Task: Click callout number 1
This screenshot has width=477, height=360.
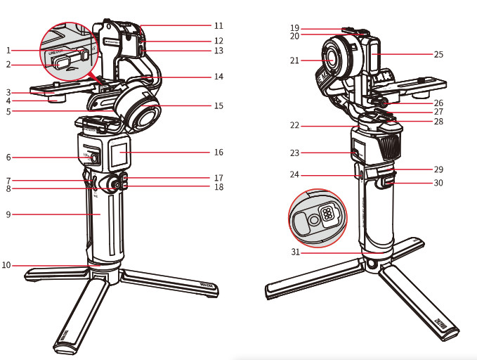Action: [8, 51]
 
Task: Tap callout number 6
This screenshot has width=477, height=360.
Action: [8, 157]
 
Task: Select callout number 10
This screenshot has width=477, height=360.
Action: [6, 265]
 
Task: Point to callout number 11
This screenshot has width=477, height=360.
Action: [218, 25]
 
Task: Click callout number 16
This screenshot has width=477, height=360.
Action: [218, 152]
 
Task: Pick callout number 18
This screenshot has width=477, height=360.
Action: [218, 187]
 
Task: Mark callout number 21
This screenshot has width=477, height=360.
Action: [294, 61]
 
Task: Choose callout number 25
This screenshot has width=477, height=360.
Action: [438, 53]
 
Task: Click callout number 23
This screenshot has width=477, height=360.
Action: [294, 152]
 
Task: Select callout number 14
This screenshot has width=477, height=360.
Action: [218, 77]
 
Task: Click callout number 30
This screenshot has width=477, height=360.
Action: [438, 184]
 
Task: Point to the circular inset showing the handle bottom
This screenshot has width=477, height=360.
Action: [318, 216]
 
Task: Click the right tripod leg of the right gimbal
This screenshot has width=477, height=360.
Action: [422, 302]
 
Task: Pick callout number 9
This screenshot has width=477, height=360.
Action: [8, 214]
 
